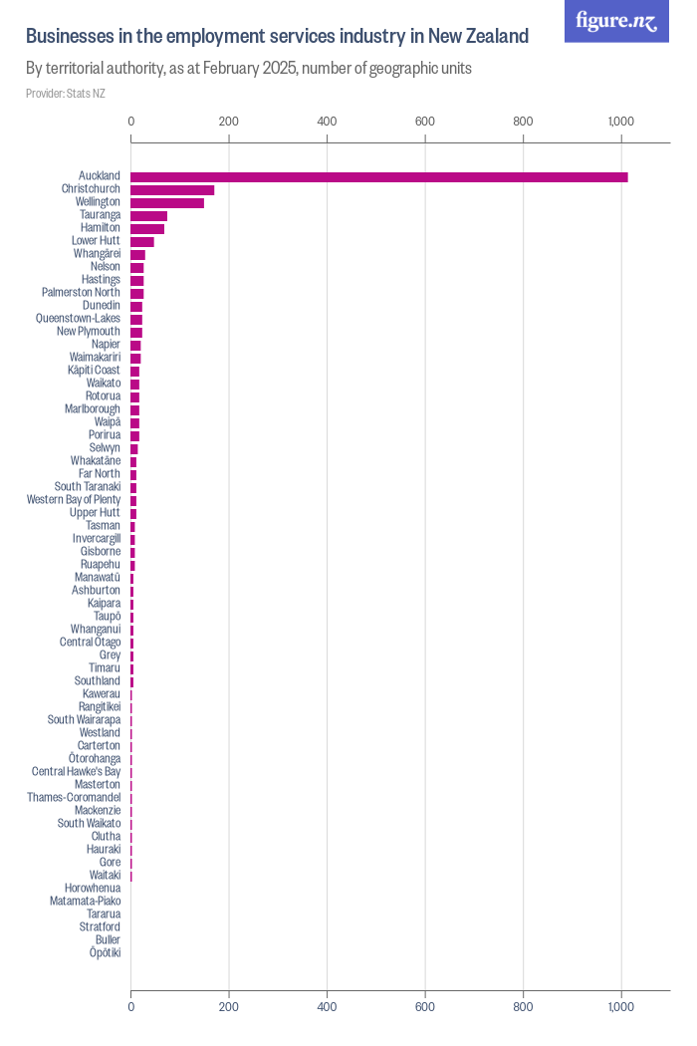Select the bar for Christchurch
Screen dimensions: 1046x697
pyautogui.click(x=172, y=189)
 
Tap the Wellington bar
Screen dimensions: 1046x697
pyautogui.click(x=167, y=202)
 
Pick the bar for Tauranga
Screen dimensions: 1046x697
pyautogui.click(x=148, y=215)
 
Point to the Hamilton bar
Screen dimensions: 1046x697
pyautogui.click(x=147, y=228)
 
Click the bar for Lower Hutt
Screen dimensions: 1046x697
pyautogui.click(x=142, y=241)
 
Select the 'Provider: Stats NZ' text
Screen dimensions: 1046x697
pyautogui.click(x=65, y=94)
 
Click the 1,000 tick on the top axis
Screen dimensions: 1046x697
pyautogui.click(x=620, y=122)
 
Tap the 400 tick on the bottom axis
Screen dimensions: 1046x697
pyautogui.click(x=327, y=1007)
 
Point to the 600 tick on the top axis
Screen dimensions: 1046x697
pyautogui.click(x=425, y=122)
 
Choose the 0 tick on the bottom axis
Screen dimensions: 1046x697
pyautogui.click(x=131, y=1007)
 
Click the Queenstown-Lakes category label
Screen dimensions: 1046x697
pyautogui.click(x=78, y=319)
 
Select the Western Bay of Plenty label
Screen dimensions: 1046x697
pyautogui.click(x=74, y=500)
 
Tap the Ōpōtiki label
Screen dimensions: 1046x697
pyautogui.click(x=105, y=953)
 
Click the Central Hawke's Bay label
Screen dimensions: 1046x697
pyautogui.click(x=76, y=772)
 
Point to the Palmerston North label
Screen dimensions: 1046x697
pyautogui.click(x=81, y=293)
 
